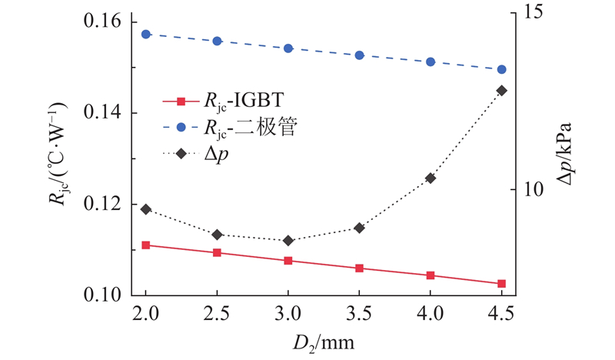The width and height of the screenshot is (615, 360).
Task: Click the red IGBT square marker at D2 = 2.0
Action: (146, 245)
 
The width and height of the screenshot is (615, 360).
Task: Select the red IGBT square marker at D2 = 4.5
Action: (501, 284)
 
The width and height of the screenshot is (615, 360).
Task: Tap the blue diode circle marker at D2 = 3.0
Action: (288, 48)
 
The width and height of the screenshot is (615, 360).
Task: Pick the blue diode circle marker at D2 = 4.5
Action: (501, 69)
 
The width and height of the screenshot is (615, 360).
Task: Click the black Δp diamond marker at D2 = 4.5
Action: (501, 91)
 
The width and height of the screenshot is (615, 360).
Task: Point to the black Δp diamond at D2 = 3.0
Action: (288, 241)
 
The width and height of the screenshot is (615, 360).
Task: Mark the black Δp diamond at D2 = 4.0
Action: (430, 178)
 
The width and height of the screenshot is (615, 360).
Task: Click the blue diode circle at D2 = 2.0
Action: (146, 35)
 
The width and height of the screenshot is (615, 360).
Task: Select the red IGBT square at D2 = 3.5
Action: (359, 268)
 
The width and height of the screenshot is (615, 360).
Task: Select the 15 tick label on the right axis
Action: (533, 13)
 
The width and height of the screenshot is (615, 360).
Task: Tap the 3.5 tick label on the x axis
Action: (359, 315)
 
